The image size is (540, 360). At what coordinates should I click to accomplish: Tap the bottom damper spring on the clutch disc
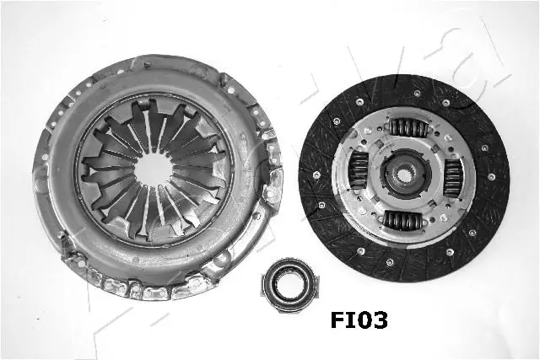pyautogui.click(x=403, y=221)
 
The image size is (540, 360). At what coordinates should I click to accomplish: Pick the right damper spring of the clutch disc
pyautogui.click(x=453, y=177)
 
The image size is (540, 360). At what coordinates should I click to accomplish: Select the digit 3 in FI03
pyautogui.click(x=378, y=320)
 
